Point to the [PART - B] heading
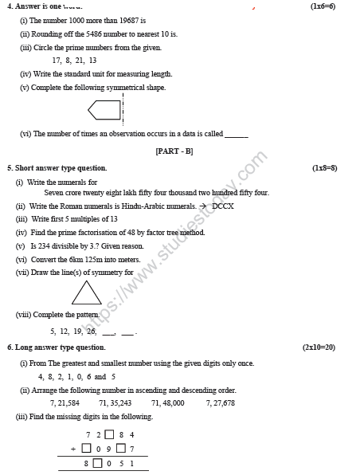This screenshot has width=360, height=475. coord(174,151)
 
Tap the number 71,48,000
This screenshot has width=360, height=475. coord(167,403)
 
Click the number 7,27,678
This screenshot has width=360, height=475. coord(220,403)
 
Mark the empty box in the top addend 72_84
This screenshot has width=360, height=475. coord(108,435)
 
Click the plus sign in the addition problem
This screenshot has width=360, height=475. coord(73,449)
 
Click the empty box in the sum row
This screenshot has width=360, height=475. coord(97,463)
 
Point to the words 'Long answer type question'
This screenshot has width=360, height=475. coord(60,347)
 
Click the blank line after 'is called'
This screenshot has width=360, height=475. coord(237,135)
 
